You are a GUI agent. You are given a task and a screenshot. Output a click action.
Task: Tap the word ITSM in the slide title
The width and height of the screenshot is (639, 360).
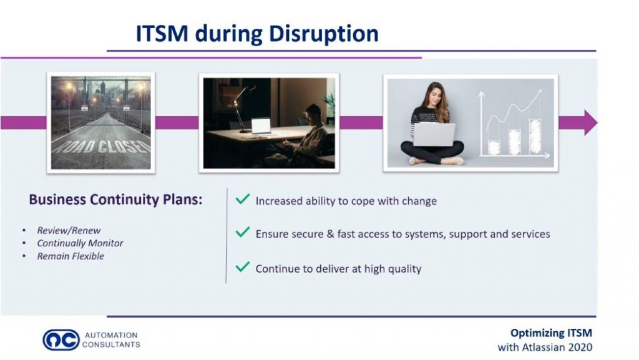[x=162, y=33]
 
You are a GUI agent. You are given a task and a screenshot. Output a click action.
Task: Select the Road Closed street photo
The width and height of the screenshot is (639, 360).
[x=101, y=122]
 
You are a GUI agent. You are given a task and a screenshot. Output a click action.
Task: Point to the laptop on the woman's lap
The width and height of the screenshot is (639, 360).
[x=434, y=134]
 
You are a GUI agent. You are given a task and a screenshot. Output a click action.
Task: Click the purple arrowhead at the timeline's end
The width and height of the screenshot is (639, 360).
[x=590, y=122]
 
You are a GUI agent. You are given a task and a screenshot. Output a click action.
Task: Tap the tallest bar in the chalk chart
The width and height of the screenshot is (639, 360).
[x=535, y=137]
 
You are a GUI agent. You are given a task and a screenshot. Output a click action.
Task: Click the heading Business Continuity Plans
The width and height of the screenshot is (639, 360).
[x=115, y=200]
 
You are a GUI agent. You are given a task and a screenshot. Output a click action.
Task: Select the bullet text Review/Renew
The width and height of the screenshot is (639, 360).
[x=69, y=230]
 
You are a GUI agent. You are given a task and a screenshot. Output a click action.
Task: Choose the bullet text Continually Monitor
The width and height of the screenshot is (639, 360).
[x=80, y=243]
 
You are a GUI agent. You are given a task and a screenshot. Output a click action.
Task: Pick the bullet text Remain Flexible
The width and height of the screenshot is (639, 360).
[x=71, y=256]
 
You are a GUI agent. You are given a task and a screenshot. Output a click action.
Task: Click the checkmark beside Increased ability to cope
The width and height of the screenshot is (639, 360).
[x=243, y=199]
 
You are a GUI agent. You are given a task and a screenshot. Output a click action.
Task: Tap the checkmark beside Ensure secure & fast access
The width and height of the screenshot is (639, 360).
[x=243, y=232]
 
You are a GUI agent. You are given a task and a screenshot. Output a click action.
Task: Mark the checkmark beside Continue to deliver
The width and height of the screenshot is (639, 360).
[x=243, y=267]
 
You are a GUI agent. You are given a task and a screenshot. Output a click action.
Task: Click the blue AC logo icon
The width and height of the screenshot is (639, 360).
[x=61, y=339]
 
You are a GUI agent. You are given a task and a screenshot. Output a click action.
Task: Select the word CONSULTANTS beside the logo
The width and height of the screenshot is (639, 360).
[x=111, y=344]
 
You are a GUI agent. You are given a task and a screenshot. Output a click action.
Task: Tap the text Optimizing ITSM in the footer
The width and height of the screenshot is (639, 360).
[x=552, y=333]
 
